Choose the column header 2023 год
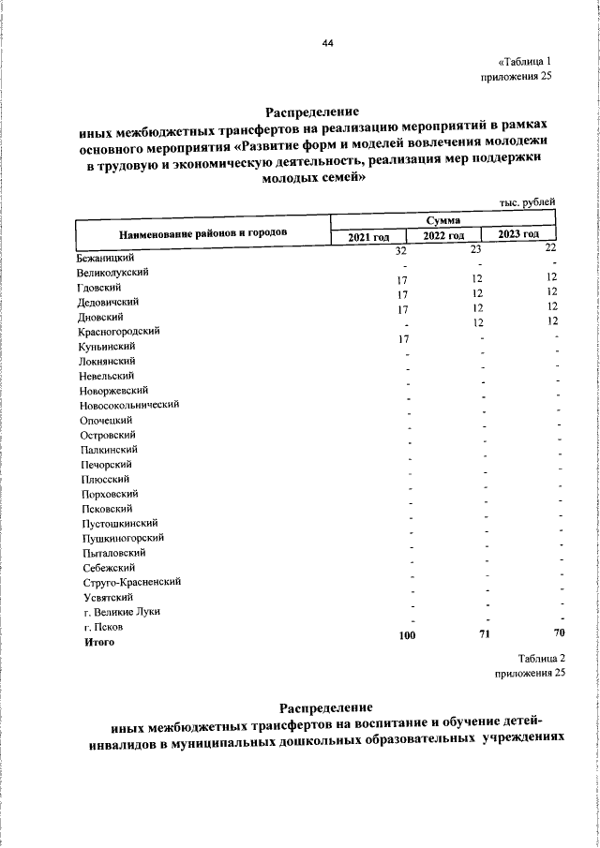point(518,235)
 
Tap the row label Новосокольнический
point(129,405)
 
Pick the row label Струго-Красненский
point(129,582)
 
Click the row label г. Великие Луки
point(122,612)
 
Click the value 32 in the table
point(400,251)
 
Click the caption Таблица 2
point(541,660)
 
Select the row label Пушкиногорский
point(122,538)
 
